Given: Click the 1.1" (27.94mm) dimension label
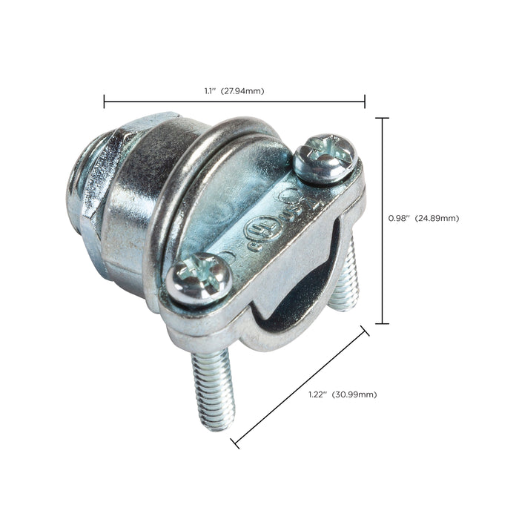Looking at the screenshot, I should pyautogui.click(x=234, y=91).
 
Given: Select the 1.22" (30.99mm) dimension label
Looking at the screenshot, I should pyautogui.click(x=342, y=394).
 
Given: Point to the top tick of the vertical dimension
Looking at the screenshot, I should pyautogui.click(x=383, y=118).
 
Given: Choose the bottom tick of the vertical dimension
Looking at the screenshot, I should pyautogui.click(x=383, y=323).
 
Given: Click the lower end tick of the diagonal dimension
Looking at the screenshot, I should pyautogui.click(x=235, y=443).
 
